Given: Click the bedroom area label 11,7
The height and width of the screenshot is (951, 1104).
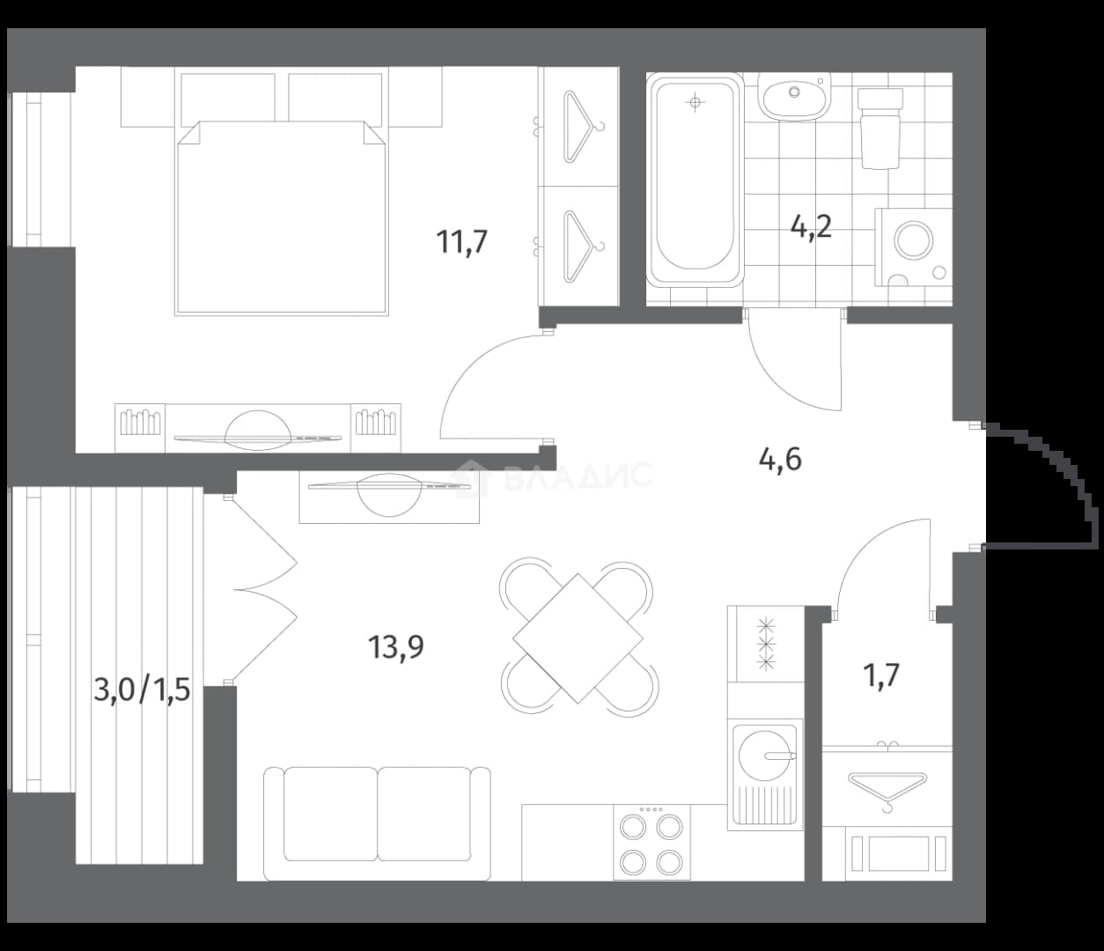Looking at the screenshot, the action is click(462, 242).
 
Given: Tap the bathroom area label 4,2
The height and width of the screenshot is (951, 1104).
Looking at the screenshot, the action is click(811, 227).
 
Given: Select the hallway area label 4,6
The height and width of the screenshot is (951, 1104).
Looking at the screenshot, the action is click(780, 460).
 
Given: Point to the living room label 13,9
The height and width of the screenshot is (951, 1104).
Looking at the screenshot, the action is click(396, 647).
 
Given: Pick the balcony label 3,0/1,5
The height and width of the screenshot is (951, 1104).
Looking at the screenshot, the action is click(142, 689).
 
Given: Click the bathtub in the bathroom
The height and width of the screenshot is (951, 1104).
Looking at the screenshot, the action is click(695, 180).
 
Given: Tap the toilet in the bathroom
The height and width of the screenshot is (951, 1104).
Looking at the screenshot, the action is click(880, 129).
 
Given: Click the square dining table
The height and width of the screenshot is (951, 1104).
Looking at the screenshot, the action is click(578, 638).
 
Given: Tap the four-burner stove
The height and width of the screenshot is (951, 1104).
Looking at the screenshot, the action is click(651, 842).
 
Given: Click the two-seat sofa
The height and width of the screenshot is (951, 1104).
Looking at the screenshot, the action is click(377, 823).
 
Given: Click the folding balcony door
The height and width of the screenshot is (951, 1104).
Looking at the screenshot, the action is click(265, 590).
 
